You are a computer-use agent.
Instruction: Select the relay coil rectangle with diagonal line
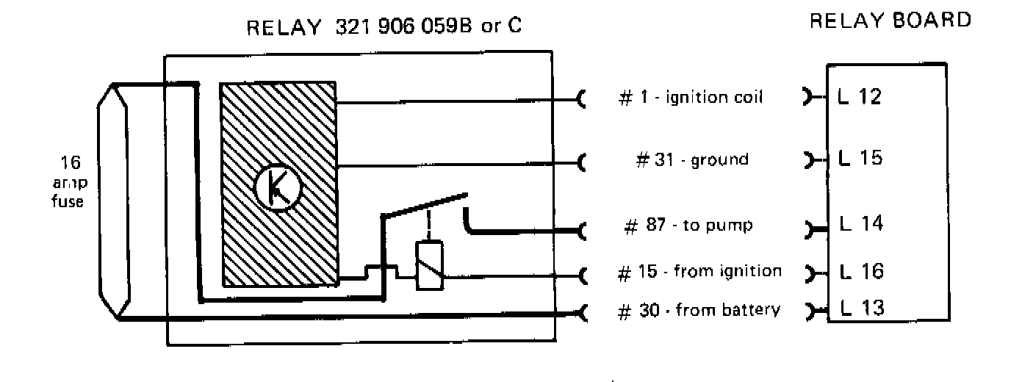(428, 265)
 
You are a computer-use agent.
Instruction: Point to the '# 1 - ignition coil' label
(688, 98)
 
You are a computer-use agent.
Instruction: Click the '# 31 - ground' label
(691, 159)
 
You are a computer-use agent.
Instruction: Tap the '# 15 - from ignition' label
(699, 272)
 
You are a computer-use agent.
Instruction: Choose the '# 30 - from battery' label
(698, 310)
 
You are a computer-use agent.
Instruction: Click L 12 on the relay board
(860, 95)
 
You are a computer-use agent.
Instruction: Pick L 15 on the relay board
(860, 158)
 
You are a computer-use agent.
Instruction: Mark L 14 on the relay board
(860, 223)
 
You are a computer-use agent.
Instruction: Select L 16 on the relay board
(860, 272)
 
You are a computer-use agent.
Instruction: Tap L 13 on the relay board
(860, 308)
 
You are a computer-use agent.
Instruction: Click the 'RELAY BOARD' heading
(890, 21)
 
